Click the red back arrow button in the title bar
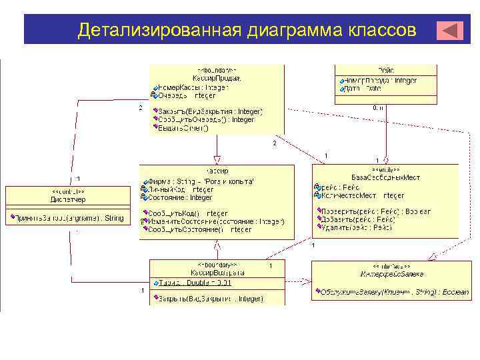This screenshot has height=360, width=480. click(x=450, y=31)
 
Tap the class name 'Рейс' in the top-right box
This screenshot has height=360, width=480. click(x=385, y=70)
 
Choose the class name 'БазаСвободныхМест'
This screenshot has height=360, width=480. click(x=385, y=177)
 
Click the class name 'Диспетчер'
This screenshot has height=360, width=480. click(x=67, y=199)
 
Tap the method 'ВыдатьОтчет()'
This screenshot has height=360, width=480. click(x=184, y=128)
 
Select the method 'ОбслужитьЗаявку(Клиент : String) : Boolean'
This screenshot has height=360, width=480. click(x=393, y=292)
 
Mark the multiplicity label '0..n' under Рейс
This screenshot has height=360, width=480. click(x=378, y=107)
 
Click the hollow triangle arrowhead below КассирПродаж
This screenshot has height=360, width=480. click(x=217, y=160)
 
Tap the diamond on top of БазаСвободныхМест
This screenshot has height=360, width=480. click(x=385, y=160)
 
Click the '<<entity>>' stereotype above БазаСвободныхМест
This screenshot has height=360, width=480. click(x=385, y=169)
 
